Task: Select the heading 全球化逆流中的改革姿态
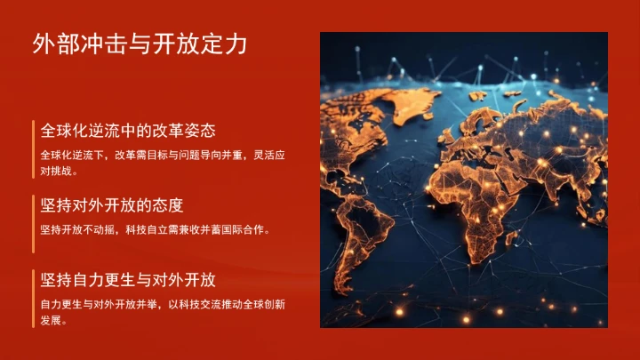(128, 131)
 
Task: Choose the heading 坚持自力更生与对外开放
(128, 280)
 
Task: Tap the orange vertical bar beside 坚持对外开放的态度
(34, 217)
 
